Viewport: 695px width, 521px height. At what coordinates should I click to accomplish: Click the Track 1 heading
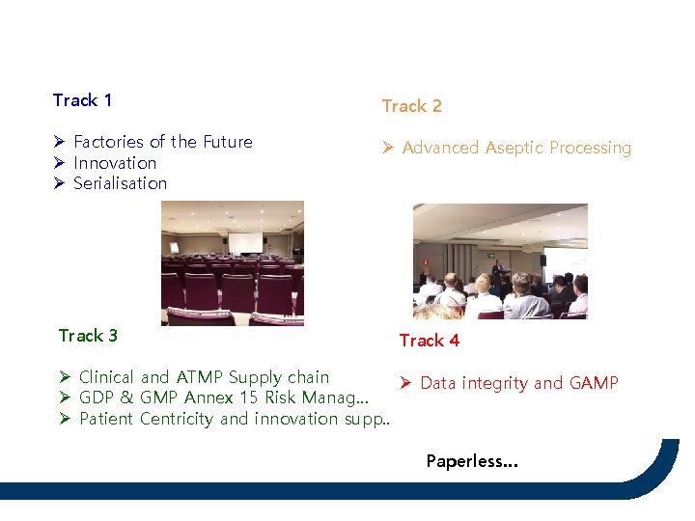point(82,100)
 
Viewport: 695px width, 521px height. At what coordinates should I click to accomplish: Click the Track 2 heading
point(411,106)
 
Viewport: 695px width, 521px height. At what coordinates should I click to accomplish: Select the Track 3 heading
point(88,336)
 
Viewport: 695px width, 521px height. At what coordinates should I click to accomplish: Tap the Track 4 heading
point(429,341)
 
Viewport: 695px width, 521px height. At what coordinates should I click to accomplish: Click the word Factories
point(109,142)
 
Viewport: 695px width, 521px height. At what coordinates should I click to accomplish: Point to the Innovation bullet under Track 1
point(115,163)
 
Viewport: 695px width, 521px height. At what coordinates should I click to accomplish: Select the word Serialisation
point(120,183)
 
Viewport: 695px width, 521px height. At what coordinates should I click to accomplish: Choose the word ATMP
point(199,377)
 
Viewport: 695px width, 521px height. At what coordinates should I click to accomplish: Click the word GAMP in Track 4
point(594,383)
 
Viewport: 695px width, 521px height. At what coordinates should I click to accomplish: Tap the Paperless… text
point(472,461)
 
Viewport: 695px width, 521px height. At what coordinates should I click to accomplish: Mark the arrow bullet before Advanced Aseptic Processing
point(388,148)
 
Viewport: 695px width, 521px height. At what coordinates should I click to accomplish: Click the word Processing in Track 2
point(595,148)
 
